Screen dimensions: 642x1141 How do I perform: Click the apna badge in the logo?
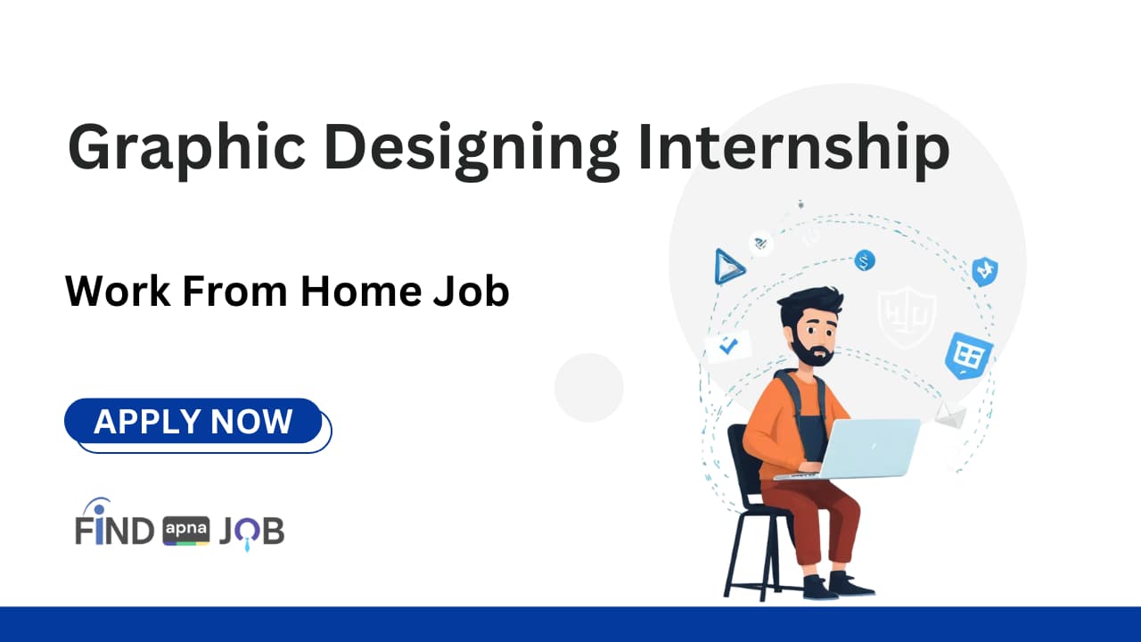(186, 532)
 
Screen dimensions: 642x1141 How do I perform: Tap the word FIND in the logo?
(114, 531)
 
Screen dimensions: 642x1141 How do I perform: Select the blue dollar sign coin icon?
(864, 260)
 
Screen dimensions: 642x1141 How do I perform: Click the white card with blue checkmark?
(728, 346)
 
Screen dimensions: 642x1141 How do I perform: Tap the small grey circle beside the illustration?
(588, 387)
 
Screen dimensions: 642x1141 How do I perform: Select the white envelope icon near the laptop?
(950, 415)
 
